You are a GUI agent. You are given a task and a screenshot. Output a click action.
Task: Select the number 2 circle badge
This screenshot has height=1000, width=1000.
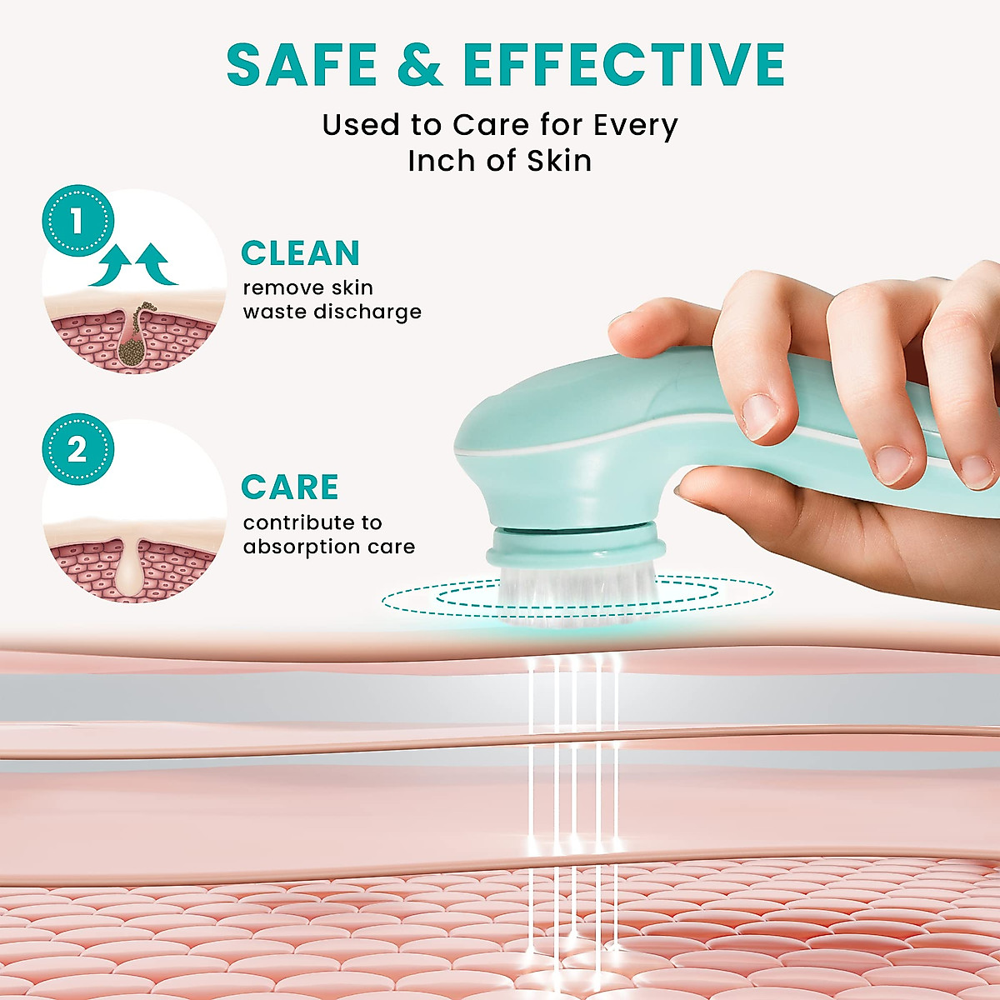(77, 450)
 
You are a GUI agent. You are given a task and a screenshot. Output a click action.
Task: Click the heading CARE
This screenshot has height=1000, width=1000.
(289, 487)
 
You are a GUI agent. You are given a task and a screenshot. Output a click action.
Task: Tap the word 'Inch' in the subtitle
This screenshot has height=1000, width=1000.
(442, 160)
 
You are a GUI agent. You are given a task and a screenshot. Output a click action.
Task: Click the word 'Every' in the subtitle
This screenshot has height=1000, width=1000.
(636, 125)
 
